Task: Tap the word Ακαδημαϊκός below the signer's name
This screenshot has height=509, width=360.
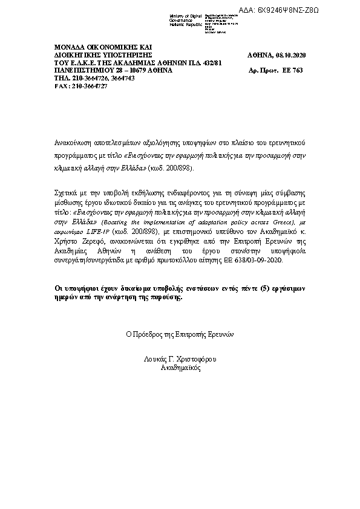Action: [x=180, y=368]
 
